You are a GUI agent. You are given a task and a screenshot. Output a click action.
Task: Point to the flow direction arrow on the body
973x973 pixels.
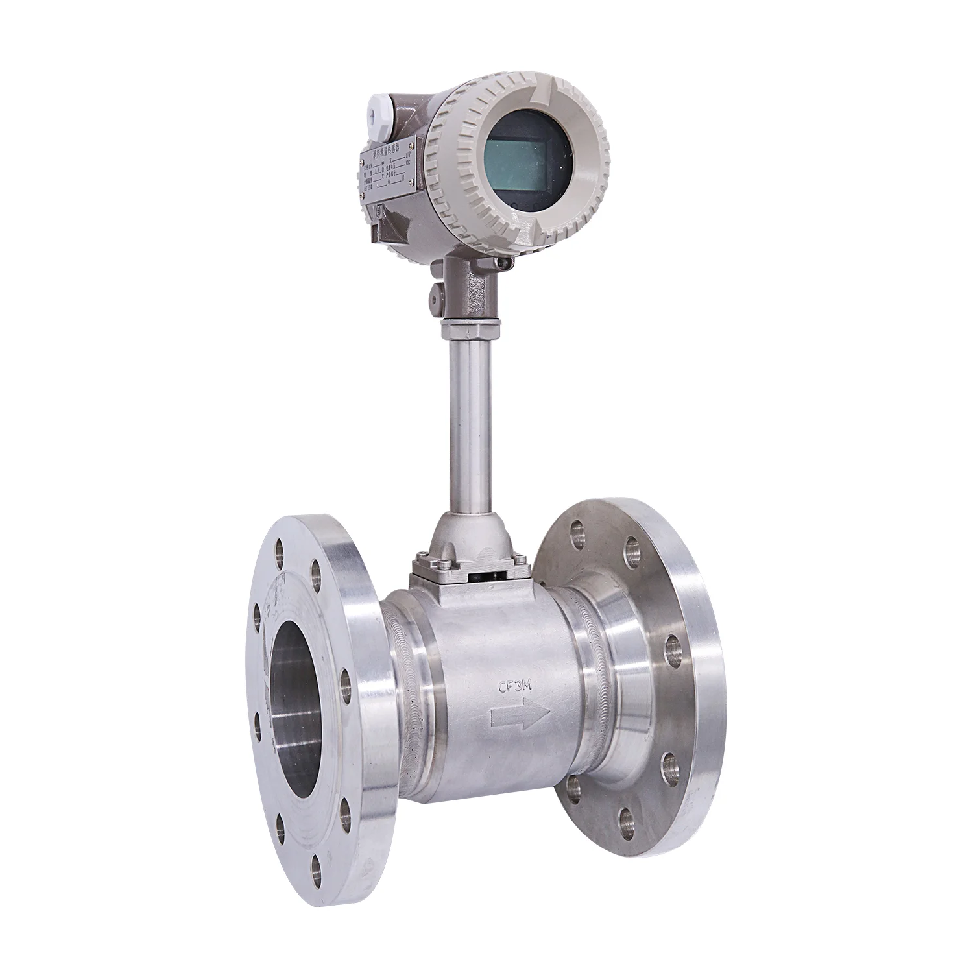pos(520,716)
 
